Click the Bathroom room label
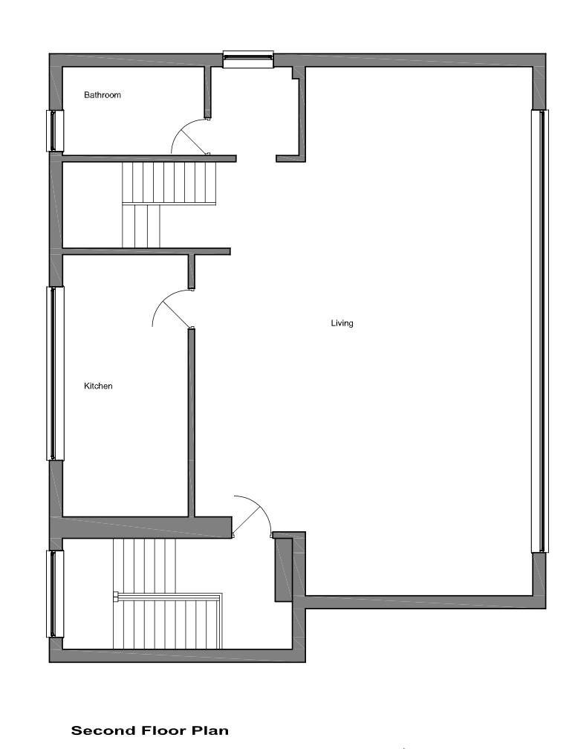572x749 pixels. [x=102, y=95]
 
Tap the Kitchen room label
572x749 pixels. [x=98, y=386]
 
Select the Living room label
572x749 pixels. [x=342, y=323]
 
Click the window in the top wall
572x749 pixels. [x=248, y=59]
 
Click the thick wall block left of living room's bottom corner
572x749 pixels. [x=283, y=569]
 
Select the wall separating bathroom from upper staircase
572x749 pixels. [x=149, y=158]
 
